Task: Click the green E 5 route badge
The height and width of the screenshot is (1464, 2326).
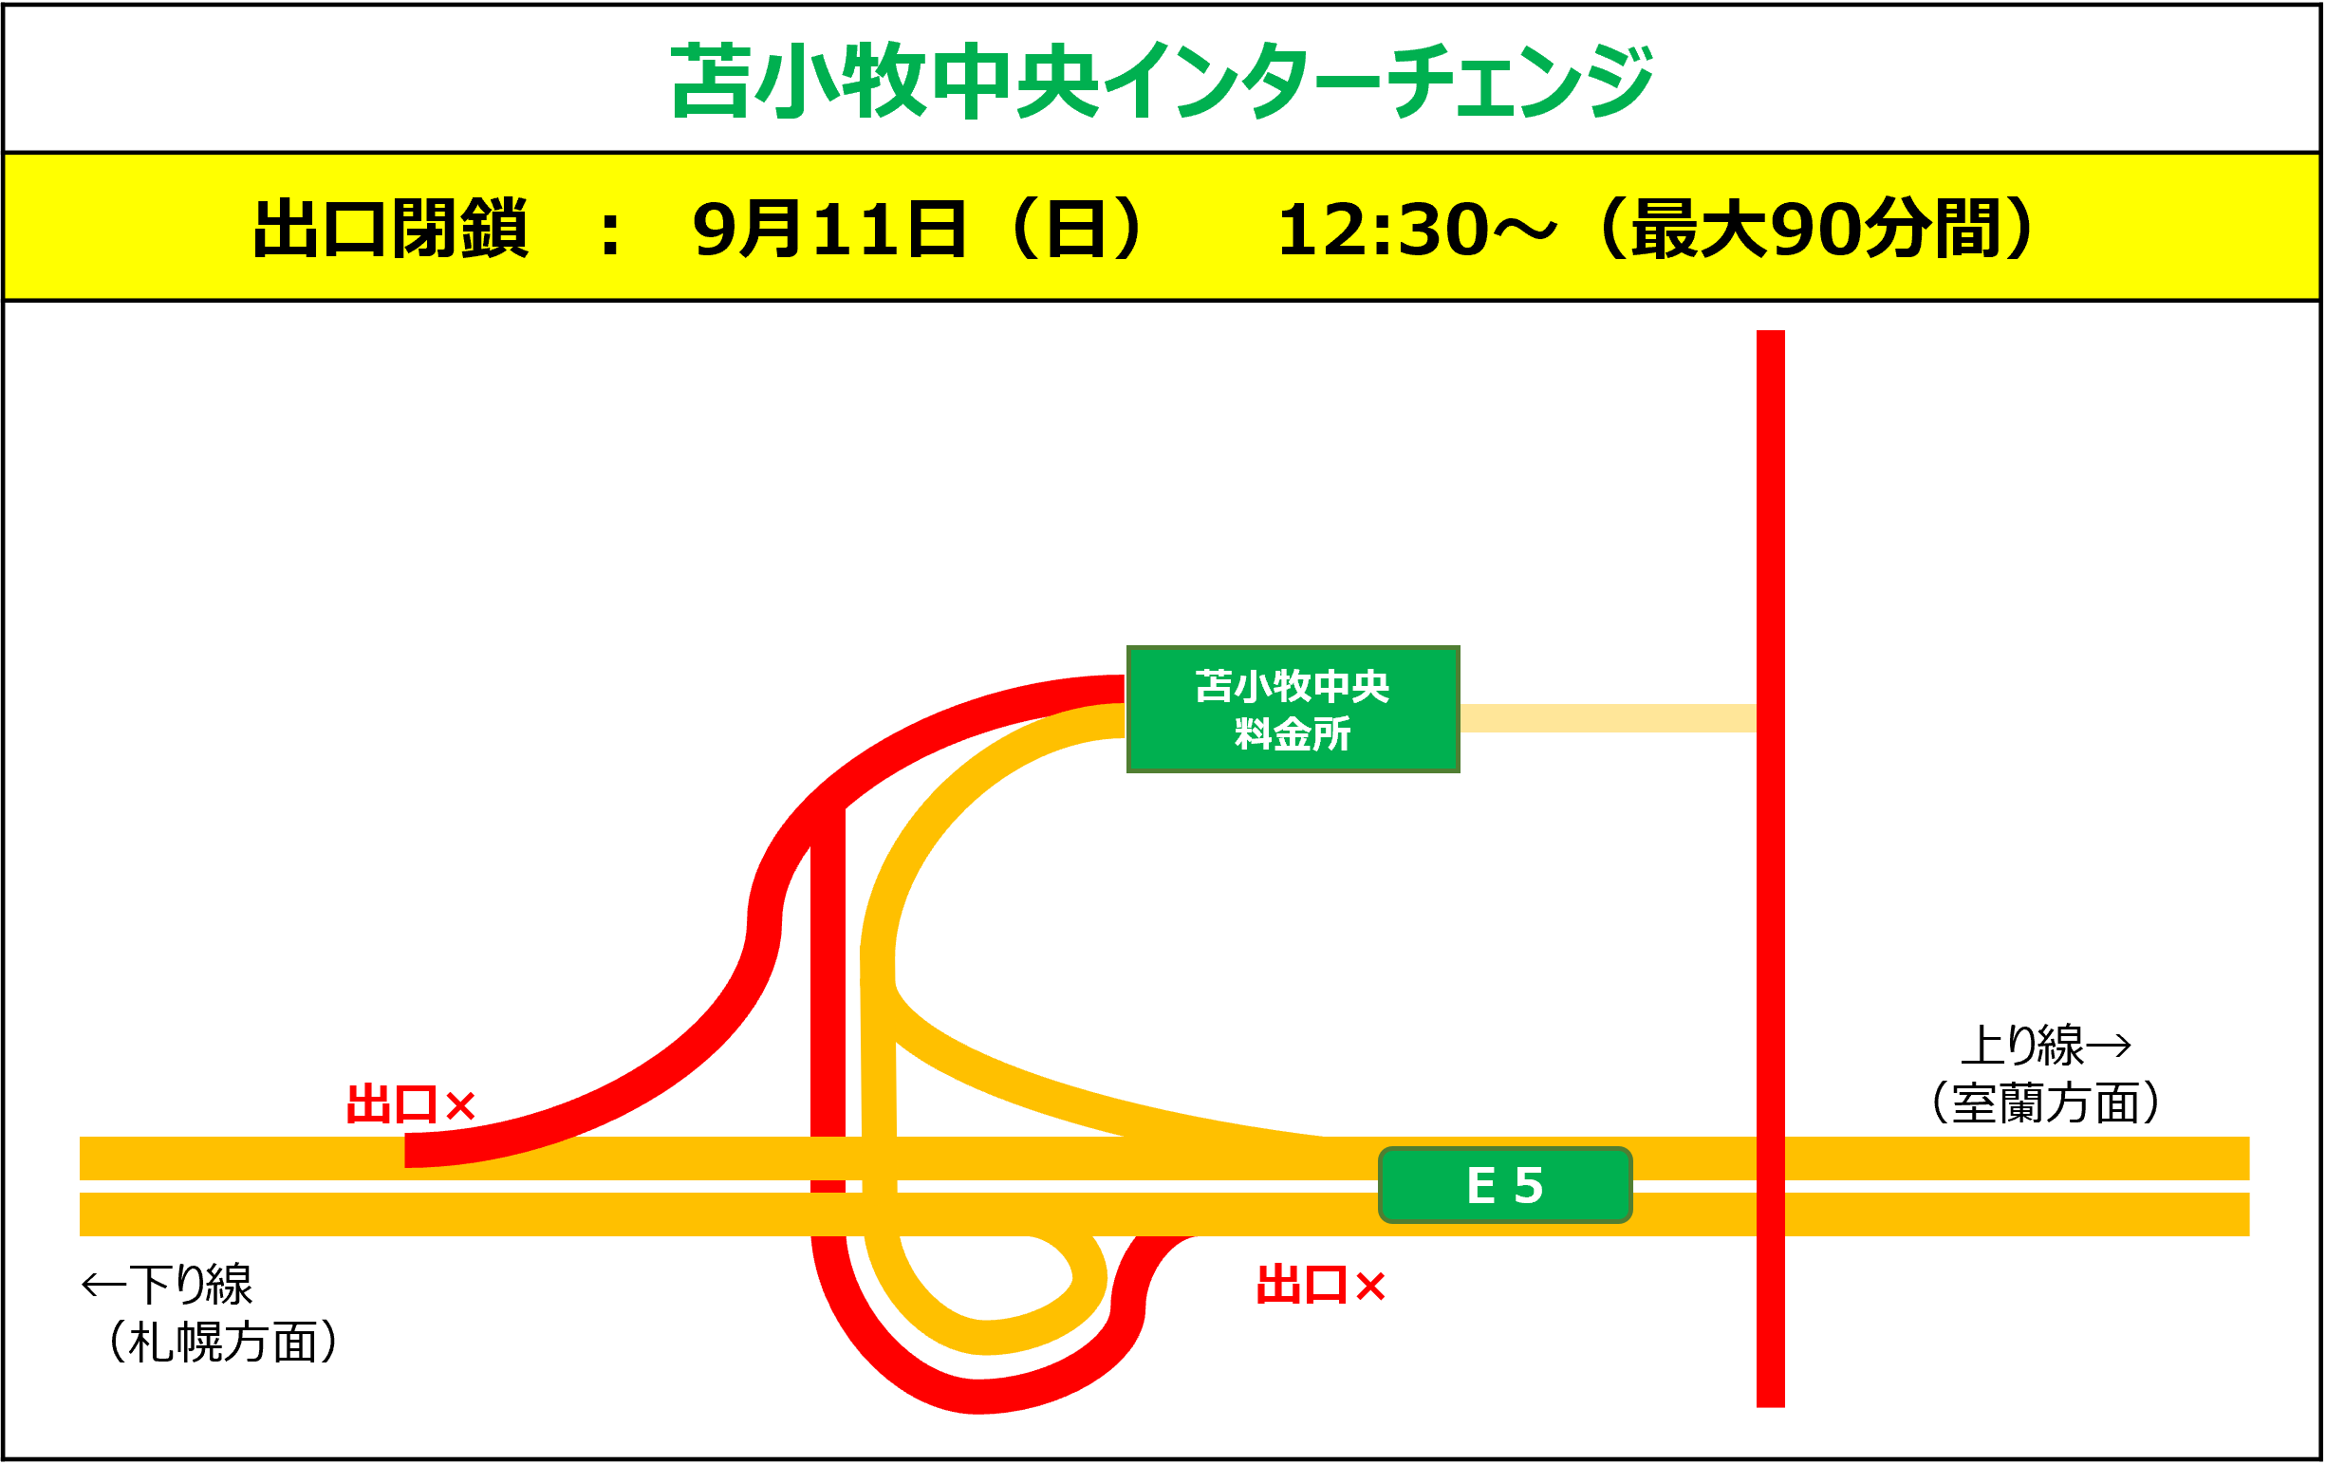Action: [x=1505, y=1185]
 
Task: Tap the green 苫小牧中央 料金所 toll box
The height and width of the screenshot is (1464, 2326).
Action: [x=1293, y=709]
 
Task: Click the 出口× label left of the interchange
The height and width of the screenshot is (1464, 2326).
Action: [x=411, y=1103]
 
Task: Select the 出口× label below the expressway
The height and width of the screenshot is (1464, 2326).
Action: [x=1320, y=1286]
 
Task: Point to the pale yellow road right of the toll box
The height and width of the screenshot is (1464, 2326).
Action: [x=1608, y=717]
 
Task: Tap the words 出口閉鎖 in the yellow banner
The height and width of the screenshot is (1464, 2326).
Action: [x=390, y=229]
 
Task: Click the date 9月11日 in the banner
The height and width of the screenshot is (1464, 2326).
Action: [x=828, y=229]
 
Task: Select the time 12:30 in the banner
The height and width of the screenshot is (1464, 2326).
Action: [x=1382, y=230]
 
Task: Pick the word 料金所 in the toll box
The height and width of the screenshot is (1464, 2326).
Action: [x=1293, y=734]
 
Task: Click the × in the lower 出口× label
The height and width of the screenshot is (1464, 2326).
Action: [x=1370, y=1287]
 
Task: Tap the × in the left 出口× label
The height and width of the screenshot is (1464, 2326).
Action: [x=461, y=1105]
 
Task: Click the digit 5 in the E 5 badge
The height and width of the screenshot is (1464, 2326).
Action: [x=1528, y=1185]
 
